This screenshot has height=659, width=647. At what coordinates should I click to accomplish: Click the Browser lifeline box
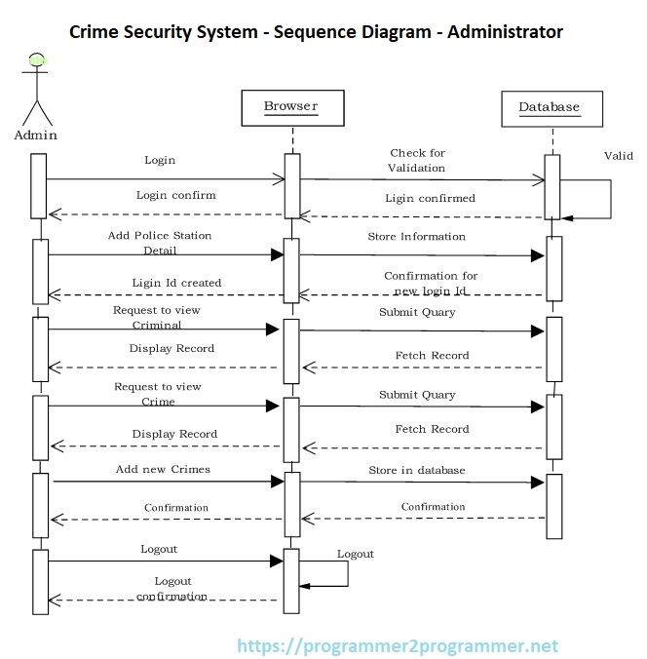coord(290,107)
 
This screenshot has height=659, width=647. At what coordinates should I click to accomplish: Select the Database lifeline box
coord(549,108)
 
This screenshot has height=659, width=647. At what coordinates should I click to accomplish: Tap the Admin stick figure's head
coord(37,60)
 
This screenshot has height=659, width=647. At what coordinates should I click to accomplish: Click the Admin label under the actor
coord(36,136)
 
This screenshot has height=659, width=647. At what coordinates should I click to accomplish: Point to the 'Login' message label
coord(160,160)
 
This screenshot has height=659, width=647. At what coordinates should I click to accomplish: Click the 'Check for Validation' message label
coord(417,161)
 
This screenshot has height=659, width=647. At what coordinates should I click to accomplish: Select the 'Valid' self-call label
coord(618,156)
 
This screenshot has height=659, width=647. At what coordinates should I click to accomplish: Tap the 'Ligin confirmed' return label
coord(430,198)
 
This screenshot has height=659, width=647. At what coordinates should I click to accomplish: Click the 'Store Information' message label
coord(416,236)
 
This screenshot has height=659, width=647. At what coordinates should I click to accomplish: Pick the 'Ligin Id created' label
coord(176,283)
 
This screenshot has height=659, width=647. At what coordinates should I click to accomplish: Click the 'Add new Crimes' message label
coord(163,469)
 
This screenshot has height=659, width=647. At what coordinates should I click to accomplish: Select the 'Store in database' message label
coord(416,470)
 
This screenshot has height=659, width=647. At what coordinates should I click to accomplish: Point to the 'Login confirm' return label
coord(175,195)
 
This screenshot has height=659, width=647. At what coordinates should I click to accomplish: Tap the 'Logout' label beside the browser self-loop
coord(356,554)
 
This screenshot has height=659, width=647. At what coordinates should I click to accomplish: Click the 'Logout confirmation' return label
coord(172,589)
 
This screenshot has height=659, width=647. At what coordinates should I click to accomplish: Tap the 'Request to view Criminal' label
coord(157,317)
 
